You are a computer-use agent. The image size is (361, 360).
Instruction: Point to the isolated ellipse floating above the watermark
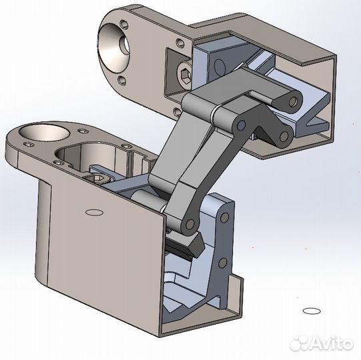click(x=311, y=311)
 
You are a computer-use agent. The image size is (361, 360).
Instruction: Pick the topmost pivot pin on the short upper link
click(x=292, y=102)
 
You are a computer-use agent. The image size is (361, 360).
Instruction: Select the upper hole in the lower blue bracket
click(x=222, y=217)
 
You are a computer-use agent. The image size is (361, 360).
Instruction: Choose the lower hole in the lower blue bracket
click(x=223, y=261)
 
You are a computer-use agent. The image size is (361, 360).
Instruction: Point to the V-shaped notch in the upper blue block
click(x=314, y=121)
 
